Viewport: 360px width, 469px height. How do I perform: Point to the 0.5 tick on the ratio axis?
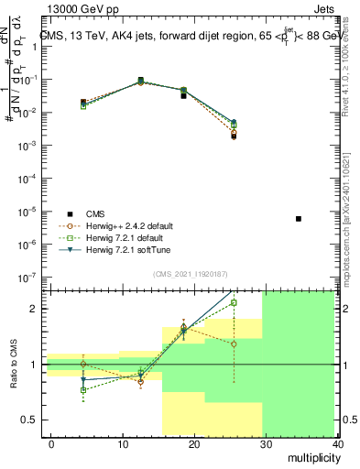pos(29,420)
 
